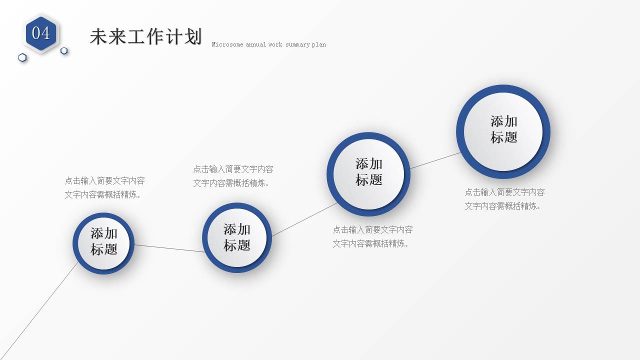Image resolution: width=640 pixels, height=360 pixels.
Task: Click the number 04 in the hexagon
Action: coord(41,33)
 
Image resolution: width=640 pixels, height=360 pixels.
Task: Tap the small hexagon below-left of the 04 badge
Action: coord(22,57)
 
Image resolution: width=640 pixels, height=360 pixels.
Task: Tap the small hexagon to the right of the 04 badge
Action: coord(64,50)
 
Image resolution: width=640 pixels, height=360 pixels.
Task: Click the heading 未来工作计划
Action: coord(145,37)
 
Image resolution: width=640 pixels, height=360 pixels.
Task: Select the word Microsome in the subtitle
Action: coord(227,44)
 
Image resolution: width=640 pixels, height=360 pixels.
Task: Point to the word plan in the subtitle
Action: coord(319,44)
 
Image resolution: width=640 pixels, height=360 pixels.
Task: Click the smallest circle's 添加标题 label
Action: coord(104,241)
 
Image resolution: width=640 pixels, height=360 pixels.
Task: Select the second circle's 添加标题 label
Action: coord(237,237)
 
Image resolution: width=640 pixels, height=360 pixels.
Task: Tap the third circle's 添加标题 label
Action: coord(369,171)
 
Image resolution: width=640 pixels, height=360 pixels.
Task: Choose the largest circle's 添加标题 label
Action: coord(503,129)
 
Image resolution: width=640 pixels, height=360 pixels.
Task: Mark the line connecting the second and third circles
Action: coord(304,219)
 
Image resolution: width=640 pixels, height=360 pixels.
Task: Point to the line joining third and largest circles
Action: coord(435,160)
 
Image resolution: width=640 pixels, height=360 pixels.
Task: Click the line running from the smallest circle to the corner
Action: coord(40,310)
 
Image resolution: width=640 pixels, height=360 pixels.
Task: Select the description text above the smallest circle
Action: coord(104,187)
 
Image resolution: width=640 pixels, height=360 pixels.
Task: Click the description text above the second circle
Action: coord(233,176)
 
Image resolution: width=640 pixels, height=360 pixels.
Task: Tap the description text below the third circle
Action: coord(372,236)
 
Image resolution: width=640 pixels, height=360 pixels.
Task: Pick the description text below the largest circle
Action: coord(504,199)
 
